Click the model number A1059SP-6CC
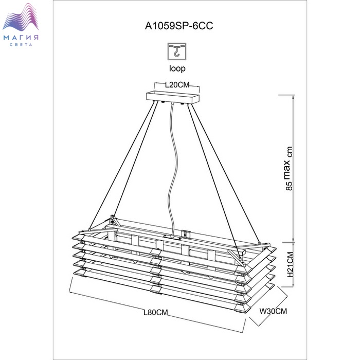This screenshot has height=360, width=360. [x=179, y=26]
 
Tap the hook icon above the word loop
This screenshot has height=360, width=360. [x=177, y=51]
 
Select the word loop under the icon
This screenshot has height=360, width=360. [x=177, y=68]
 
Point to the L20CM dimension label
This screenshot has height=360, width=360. [x=177, y=85]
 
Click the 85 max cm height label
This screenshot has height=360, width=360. [x=289, y=168]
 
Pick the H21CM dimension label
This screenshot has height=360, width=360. [x=291, y=264]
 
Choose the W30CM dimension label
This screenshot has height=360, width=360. [x=273, y=311]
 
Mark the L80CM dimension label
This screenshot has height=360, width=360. [x=156, y=313]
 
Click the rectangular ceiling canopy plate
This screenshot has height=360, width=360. [x=173, y=97]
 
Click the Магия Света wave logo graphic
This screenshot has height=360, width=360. [x=21, y=17]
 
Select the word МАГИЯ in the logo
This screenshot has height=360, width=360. [x=21, y=38]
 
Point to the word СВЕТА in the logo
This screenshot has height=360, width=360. [x=21, y=45]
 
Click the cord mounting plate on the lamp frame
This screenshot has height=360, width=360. [x=172, y=237]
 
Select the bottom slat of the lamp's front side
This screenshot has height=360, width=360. [x=160, y=291]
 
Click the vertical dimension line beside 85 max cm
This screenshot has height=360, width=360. [x=294, y=168]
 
